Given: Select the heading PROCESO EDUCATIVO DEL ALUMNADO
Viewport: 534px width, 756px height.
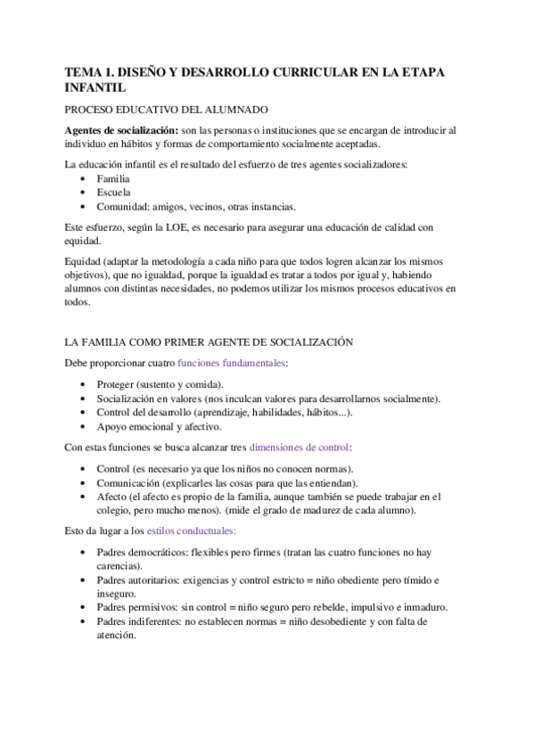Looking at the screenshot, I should [x=167, y=110].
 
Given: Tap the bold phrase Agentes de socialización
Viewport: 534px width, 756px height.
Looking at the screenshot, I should [x=120, y=130].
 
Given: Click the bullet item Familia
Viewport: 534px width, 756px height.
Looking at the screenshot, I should [x=113, y=179].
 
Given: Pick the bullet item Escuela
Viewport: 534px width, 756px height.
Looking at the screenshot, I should [x=113, y=193].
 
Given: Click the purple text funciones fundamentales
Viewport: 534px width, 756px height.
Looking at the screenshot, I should [x=232, y=362].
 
